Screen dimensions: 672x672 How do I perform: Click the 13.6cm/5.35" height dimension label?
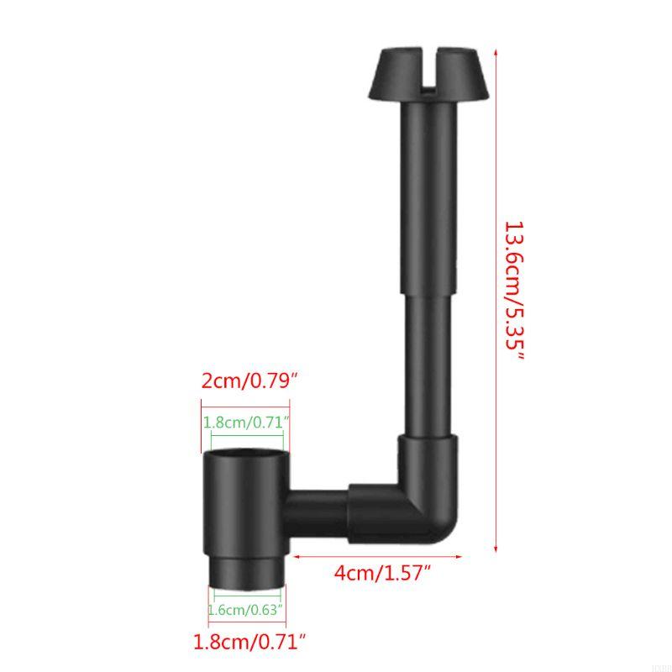click(x=513, y=291)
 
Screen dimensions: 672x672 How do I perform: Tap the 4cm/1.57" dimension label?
click(x=383, y=575)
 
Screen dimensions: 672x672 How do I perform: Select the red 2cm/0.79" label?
click(x=249, y=380)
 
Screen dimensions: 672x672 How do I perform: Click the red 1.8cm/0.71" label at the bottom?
click(x=249, y=643)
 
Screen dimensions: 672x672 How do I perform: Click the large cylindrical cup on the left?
click(x=246, y=500)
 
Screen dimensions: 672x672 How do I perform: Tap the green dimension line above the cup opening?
click(x=247, y=435)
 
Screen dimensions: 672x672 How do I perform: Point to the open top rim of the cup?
click(x=246, y=454)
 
